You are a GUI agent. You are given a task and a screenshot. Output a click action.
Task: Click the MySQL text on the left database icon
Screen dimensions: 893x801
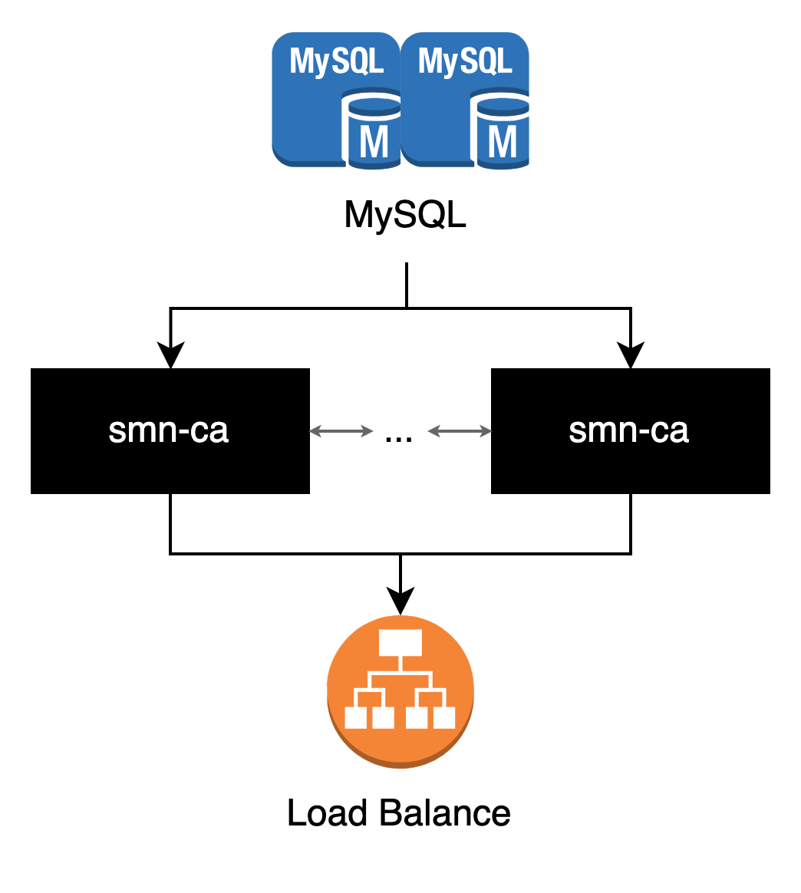coord(336,61)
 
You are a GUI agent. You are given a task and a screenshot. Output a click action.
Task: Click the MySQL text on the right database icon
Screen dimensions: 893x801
coord(465,61)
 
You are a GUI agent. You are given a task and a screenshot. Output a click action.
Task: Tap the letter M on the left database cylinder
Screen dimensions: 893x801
coord(374,143)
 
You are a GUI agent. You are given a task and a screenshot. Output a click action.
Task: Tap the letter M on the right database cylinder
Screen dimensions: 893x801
coord(503,143)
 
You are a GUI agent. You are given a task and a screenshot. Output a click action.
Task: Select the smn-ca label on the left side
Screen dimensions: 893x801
coord(168,431)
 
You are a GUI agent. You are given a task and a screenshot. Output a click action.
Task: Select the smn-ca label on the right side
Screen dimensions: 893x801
coord(628,431)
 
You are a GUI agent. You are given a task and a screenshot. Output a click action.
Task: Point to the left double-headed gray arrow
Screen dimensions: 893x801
coord(341,432)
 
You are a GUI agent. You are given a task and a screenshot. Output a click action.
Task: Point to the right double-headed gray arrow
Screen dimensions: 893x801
coord(460,432)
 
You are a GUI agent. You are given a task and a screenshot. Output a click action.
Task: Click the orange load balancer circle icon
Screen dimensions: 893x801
coord(400,690)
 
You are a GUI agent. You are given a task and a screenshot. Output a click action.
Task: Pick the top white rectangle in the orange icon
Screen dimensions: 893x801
coord(400,643)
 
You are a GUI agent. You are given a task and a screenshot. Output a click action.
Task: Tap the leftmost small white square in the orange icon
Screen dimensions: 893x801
coord(355,717)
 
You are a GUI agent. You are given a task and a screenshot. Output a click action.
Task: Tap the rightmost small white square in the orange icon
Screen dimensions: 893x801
coord(444,717)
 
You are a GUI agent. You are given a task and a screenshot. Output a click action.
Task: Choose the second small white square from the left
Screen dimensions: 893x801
coord(383,717)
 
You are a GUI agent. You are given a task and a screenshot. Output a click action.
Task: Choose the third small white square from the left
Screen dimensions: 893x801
coord(417,717)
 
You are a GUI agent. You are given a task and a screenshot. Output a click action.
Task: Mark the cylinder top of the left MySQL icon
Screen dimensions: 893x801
coord(374,106)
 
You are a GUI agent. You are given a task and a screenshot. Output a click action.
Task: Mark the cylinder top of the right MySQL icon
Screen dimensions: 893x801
coord(503,106)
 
